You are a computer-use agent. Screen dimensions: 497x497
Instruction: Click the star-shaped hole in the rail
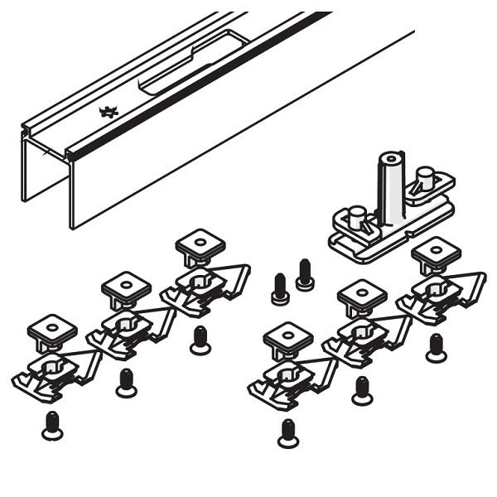[x=109, y=111]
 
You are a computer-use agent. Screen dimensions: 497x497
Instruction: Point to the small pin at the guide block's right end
[x=425, y=178]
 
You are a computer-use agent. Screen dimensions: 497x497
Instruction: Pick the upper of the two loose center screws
[x=305, y=274]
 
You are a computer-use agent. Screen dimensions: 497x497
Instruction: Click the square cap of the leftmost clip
[x=51, y=331]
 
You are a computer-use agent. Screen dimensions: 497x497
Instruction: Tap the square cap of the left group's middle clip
[x=124, y=287]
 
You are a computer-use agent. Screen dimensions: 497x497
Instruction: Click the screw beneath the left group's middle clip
[x=125, y=380]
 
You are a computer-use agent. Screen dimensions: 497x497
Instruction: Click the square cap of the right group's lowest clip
[x=287, y=337]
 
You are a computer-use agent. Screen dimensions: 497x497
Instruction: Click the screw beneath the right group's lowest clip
[x=287, y=432]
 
